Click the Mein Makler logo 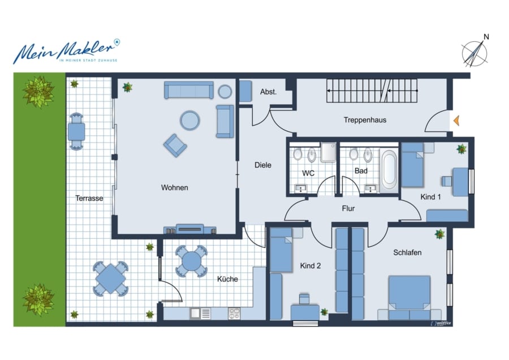pyautogui.click(x=67, y=52)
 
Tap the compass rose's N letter pyautogui.click(x=486, y=37)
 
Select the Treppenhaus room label pyautogui.click(x=365, y=120)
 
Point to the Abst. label pyautogui.click(x=268, y=92)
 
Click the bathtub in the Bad pyautogui.click(x=389, y=170)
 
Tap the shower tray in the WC pyautogui.click(x=328, y=153)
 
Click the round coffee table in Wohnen pyautogui.click(x=189, y=120)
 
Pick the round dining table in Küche pyautogui.click(x=192, y=262)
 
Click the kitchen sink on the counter pyautogui.click(x=196, y=314)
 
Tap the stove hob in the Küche pyautogui.click(x=234, y=314)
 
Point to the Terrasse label pyautogui.click(x=89, y=198)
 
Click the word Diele pyautogui.click(x=262, y=165)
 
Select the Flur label pyautogui.click(x=348, y=208)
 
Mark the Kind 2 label pyautogui.click(x=310, y=266)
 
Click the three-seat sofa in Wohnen pyautogui.click(x=188, y=90)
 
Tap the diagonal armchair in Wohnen pyautogui.click(x=175, y=145)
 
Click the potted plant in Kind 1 pyautogui.click(x=461, y=149)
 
